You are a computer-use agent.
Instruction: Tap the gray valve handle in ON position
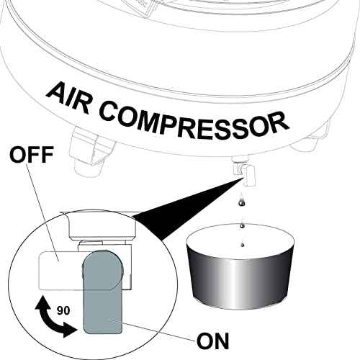point(102,295)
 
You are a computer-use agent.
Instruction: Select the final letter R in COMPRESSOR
point(280,127)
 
